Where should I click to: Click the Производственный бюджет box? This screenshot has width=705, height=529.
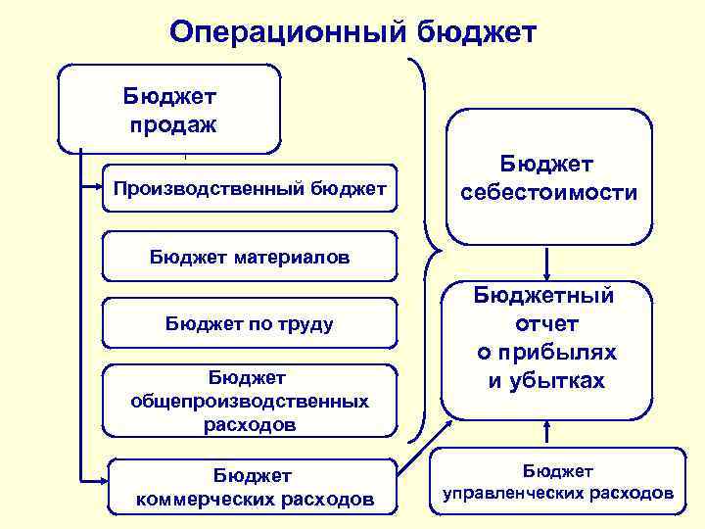(x=249, y=187)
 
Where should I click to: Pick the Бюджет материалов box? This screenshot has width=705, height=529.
(x=249, y=257)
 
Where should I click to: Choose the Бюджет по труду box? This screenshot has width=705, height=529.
(x=249, y=323)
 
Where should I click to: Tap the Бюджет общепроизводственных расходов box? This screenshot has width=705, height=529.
(x=249, y=401)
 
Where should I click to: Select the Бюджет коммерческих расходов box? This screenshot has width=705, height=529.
(x=254, y=487)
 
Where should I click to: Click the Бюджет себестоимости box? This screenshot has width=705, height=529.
(x=549, y=177)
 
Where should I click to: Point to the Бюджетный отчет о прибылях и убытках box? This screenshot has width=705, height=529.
(x=547, y=337)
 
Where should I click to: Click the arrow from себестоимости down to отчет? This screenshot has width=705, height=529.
(x=547, y=263)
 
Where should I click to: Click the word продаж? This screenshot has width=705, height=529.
(x=172, y=124)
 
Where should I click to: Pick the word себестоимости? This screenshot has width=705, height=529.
(x=549, y=193)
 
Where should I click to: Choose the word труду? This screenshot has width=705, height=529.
(x=302, y=323)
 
